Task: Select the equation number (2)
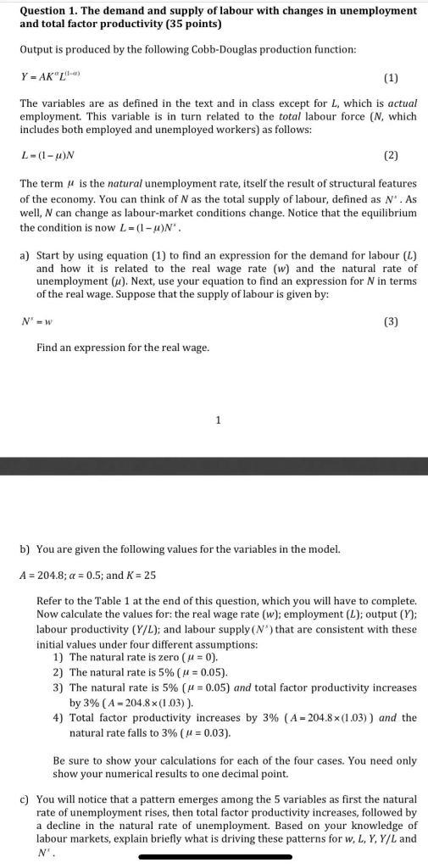tap(390, 156)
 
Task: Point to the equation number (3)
tap(390, 322)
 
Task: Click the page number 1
tap(218, 419)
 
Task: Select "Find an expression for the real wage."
tap(122, 348)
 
